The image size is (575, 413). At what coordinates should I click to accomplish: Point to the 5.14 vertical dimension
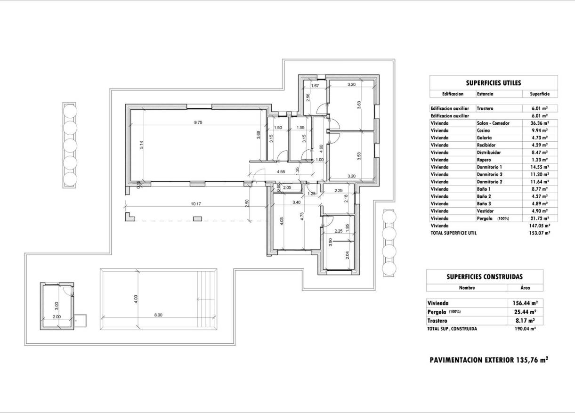point(141,146)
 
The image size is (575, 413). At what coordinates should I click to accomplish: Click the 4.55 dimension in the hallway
point(281,171)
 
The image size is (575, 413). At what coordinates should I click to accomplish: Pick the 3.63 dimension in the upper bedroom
point(359,105)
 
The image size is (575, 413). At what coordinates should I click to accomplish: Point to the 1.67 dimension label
point(316,85)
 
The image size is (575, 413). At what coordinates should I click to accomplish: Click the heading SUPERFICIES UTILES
point(493,83)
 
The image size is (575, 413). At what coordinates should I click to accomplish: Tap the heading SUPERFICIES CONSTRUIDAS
point(484,277)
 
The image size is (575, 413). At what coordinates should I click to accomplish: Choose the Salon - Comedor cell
point(493,123)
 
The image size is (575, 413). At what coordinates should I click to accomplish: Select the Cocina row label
point(483,130)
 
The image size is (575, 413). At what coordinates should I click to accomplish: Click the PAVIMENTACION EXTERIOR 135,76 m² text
point(489,360)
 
